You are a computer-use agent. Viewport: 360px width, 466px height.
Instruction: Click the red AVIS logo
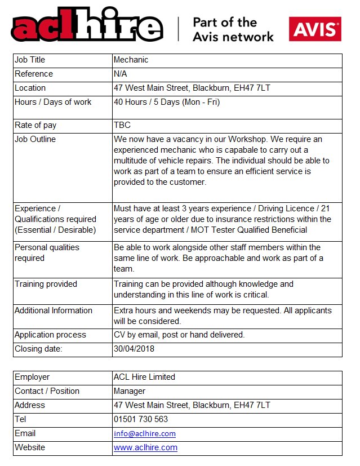315,29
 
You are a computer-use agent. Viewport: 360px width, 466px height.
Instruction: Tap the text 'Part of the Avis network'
233,29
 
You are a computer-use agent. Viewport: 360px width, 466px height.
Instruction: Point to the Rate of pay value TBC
122,125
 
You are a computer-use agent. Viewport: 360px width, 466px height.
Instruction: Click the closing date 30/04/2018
134,349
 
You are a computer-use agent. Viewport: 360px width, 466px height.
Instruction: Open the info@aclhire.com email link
145,433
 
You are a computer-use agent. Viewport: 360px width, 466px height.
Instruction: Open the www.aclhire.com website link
145,447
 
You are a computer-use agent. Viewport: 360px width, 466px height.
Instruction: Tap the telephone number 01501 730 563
141,419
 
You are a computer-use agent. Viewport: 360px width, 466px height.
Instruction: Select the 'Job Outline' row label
35,139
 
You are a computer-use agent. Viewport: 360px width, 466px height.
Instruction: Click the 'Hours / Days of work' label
53,102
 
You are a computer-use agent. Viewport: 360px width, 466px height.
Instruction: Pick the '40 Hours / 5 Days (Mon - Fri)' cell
167,102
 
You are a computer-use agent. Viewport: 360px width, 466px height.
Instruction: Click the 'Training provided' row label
46,284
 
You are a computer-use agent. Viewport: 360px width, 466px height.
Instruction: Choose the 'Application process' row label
50,335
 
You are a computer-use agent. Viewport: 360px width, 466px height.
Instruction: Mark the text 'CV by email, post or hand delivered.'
179,335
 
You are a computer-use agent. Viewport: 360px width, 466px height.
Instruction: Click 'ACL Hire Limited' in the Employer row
144,377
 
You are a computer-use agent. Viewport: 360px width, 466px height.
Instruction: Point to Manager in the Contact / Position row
130,391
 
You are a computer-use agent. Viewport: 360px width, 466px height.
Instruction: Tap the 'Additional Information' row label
54,310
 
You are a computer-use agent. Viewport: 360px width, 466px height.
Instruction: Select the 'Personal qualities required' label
47,252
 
